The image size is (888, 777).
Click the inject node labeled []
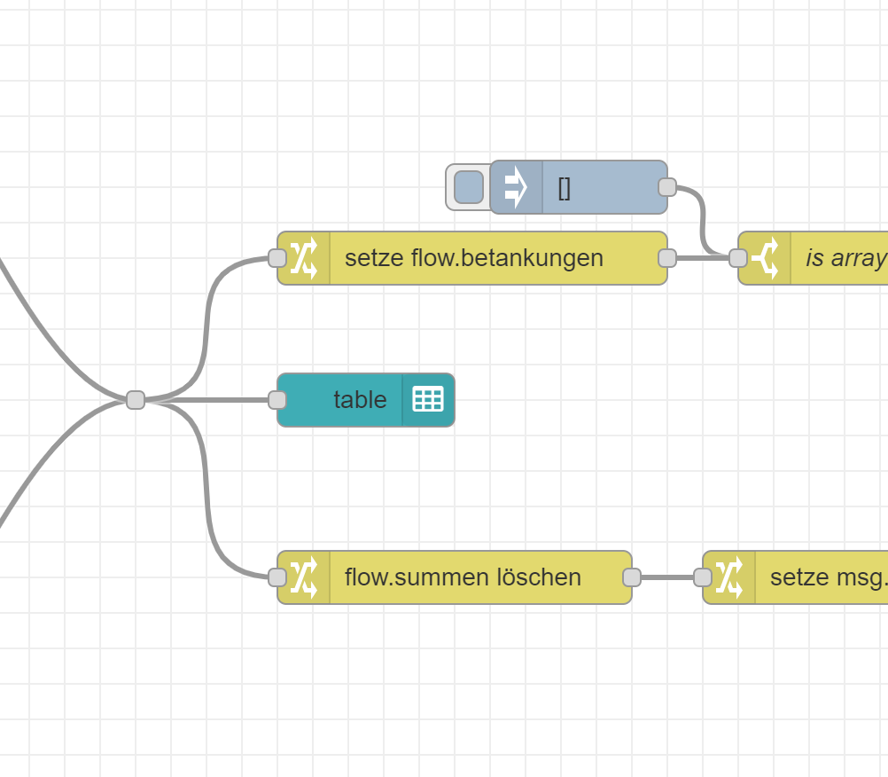603,187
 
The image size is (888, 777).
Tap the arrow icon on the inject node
516,187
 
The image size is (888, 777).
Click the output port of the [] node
667,187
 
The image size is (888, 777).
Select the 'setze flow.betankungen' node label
473,258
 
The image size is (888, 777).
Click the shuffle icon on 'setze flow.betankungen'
304,258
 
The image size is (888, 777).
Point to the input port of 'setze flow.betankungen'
277,258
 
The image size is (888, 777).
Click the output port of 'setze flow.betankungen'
667,258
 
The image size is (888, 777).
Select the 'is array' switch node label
845,258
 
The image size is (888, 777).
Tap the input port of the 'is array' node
738,258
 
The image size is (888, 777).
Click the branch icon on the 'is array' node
764,258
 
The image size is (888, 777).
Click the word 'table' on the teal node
360,400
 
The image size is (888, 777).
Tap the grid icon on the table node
428,400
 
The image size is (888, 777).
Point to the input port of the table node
277,400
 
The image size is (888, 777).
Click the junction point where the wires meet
136,400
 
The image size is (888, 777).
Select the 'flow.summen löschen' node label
463,577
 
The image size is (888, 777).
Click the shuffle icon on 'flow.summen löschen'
304,577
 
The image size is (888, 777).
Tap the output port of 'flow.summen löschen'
632,577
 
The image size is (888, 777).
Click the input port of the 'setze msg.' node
703,577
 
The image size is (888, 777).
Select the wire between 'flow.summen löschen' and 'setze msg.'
667,577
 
